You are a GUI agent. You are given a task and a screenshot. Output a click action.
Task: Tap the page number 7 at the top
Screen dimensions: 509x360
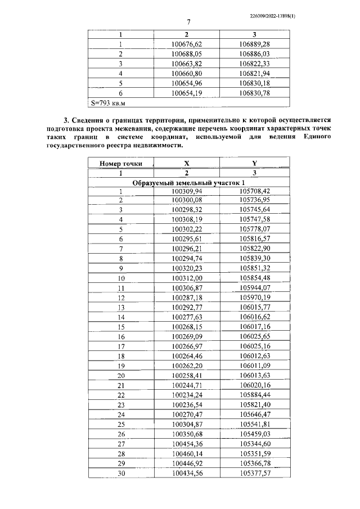tap(188, 22)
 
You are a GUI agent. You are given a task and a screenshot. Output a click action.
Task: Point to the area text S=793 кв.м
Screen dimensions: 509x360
tap(109, 103)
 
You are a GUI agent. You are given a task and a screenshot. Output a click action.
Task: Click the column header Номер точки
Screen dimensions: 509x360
tap(120, 164)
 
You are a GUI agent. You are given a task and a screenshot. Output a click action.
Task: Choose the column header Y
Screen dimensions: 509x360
tap(254, 164)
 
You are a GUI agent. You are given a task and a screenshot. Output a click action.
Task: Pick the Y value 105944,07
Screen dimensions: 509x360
tap(254, 287)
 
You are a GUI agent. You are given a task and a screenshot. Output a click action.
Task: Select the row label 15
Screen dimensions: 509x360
tap(120, 326)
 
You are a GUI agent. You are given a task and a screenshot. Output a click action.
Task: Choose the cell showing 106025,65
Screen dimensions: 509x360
tap(254, 336)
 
